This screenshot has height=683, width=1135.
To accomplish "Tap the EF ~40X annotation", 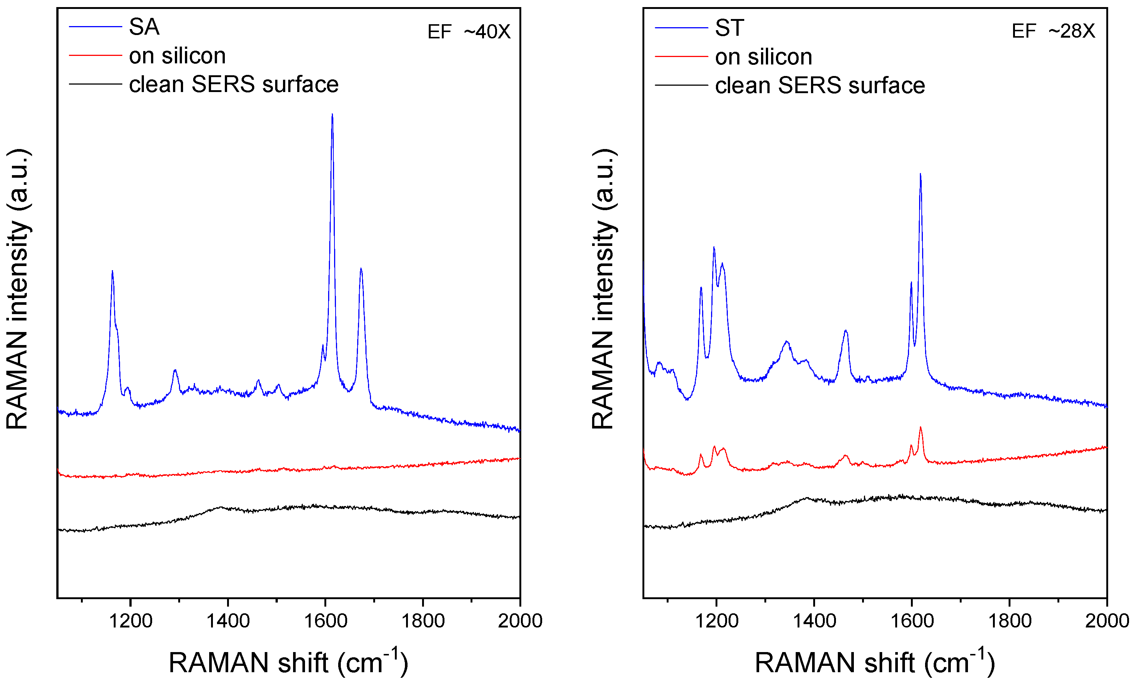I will click(468, 32).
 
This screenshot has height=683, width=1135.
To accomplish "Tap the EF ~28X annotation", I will click(1053, 31).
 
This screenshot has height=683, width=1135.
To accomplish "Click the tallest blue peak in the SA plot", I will click(332, 115).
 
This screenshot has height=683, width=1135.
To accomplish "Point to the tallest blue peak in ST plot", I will click(920, 175).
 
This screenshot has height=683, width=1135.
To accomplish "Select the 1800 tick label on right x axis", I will click(1009, 621).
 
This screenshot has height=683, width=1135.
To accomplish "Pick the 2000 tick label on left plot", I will click(520, 621).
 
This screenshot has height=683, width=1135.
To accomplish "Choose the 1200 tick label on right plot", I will click(716, 621).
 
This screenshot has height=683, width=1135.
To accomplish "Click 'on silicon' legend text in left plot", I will click(177, 56).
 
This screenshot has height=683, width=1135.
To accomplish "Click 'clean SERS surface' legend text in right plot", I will click(820, 85).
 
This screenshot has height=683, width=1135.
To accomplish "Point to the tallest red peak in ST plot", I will click(920, 428).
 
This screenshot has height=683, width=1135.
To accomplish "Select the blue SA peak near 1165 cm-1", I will click(112, 272).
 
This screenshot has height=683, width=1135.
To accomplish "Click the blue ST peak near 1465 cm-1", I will click(845, 331).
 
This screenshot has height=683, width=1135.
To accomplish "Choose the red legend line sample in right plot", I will click(681, 57).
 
